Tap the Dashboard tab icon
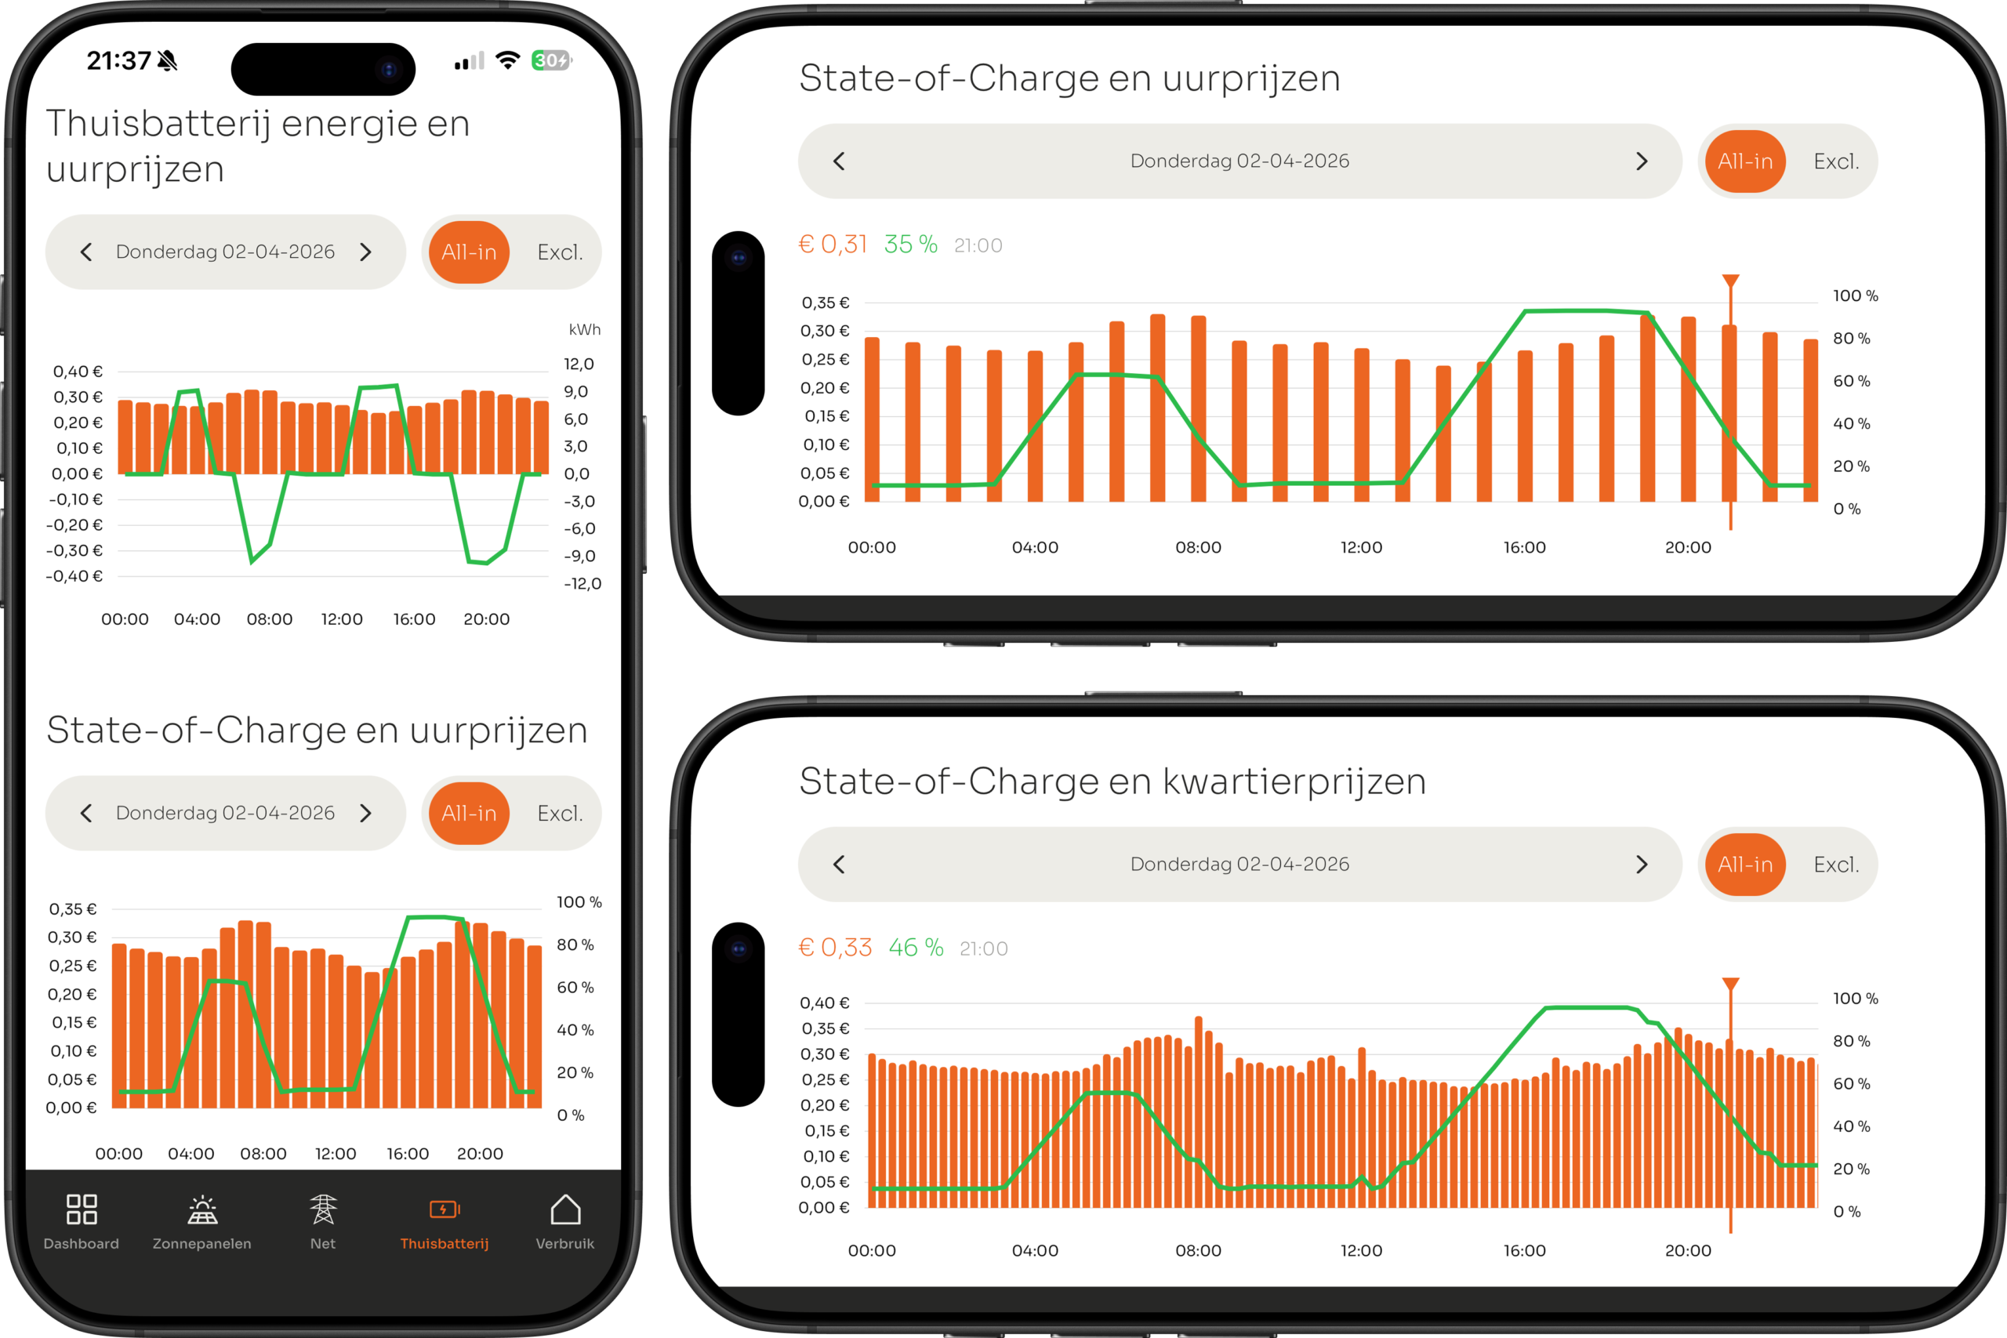81,1209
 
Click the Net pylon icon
322,1209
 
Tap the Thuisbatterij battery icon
445,1209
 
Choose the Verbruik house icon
565,1209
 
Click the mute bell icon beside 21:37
168,60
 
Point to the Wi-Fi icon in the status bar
508,60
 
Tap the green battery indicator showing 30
550,60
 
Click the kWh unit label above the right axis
585,329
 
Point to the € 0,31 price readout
832,245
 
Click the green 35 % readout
910,245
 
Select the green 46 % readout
916,948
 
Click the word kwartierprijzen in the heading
1294,781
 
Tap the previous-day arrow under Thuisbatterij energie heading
86,252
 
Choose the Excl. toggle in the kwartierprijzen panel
1835,865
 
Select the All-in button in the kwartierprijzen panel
1745,865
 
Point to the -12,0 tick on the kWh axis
582,584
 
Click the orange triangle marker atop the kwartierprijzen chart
1730,984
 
